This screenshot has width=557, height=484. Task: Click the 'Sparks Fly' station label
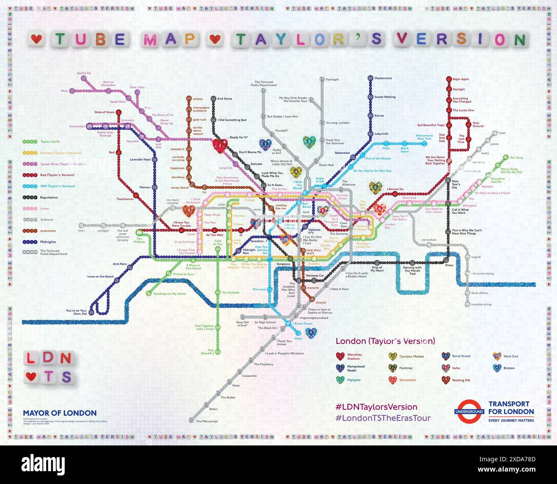(84, 73)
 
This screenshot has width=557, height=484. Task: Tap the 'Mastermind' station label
(383, 78)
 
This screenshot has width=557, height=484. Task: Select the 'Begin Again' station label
(461, 79)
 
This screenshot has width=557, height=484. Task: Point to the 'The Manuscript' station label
(207, 421)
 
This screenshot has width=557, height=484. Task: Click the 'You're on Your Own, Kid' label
(76, 312)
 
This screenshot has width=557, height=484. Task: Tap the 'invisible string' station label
(481, 305)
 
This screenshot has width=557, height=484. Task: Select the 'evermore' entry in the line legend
(48, 231)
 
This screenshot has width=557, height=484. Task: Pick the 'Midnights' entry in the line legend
(48, 242)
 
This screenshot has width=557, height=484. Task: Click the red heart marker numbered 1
(220, 146)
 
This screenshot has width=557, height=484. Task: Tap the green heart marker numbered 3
(309, 141)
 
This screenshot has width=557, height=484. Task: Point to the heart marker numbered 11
(311, 333)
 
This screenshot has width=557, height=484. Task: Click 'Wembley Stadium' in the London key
(354, 356)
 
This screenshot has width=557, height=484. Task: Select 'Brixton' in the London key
(509, 368)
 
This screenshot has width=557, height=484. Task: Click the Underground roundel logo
(469, 412)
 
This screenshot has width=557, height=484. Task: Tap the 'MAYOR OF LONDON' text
(60, 413)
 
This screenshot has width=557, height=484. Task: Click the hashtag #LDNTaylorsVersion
(376, 407)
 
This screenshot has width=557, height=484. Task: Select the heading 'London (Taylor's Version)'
(385, 341)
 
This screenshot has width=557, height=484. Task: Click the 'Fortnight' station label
(332, 80)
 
